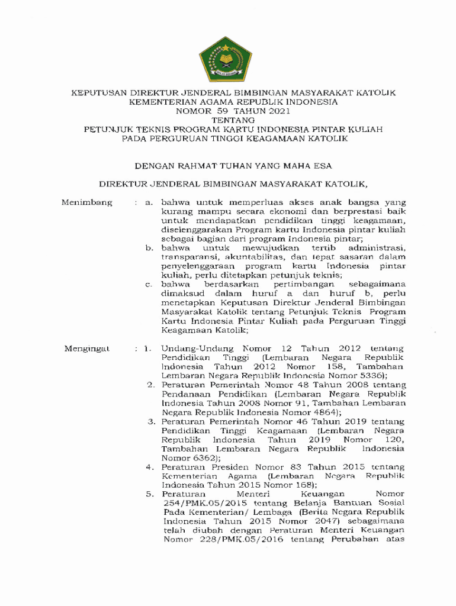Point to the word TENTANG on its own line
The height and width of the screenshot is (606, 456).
[227, 120]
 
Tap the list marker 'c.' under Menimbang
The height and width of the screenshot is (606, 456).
[149, 285]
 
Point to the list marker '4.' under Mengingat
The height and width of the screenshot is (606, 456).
[150, 467]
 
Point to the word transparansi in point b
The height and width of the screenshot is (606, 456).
[187, 257]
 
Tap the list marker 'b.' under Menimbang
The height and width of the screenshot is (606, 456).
[149, 248]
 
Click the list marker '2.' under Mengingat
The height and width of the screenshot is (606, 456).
[150, 385]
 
